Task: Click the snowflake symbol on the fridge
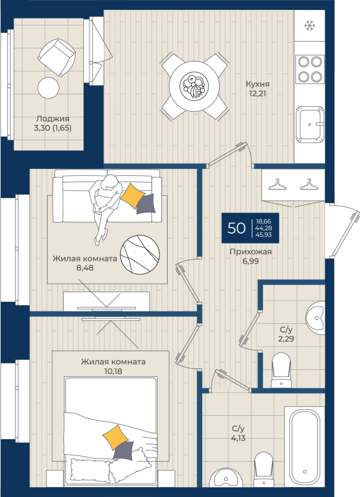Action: point(308,25)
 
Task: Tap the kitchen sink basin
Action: point(310,124)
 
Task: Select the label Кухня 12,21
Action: point(258,89)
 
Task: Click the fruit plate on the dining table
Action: point(194,86)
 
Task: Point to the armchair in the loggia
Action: point(56,57)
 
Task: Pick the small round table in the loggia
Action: point(48,88)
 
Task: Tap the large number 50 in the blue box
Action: point(236,228)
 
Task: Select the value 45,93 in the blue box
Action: point(264,235)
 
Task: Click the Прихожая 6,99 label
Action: point(251,257)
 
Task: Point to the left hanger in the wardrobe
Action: point(277,185)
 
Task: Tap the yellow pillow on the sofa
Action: point(133,196)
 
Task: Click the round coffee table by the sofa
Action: point(140,255)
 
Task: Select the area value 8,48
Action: point(85,268)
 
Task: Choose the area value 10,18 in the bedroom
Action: point(113,371)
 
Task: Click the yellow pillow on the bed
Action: point(115,437)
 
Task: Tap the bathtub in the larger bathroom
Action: point(305,447)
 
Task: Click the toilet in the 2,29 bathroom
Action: point(281,370)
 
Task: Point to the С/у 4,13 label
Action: point(239,434)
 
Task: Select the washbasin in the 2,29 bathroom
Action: point(316,317)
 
